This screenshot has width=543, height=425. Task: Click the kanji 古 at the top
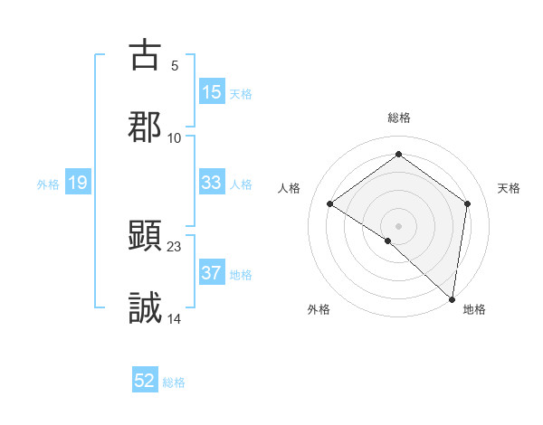[145, 55]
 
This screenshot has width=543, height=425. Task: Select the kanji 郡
[145, 126]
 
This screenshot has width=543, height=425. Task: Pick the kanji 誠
[145, 307]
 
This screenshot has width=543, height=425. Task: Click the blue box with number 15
[212, 92]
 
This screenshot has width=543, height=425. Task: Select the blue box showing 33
[212, 183]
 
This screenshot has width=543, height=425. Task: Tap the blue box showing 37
[212, 273]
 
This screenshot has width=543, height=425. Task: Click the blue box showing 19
[78, 184]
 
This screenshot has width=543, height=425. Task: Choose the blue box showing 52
[145, 382]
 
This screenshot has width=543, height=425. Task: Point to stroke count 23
[175, 245]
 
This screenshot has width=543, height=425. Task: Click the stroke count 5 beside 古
[175, 65]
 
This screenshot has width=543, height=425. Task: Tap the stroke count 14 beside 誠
[175, 317]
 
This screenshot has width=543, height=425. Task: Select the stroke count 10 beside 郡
[175, 137]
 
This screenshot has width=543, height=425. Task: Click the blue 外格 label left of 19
[48, 184]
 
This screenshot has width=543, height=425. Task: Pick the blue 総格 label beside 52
[174, 382]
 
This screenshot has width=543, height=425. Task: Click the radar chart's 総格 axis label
[398, 118]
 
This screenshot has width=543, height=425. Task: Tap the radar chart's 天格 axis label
[509, 188]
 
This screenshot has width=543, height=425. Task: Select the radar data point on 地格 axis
[452, 298]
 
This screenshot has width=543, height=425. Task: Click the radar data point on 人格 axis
[330, 204]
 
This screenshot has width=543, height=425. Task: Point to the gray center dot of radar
[398, 225]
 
